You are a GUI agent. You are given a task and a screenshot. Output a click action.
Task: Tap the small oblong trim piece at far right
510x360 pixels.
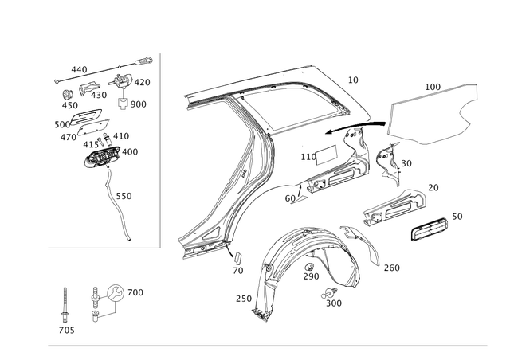(x=429, y=229)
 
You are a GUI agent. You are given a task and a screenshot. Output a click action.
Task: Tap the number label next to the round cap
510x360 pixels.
(x=137, y=293)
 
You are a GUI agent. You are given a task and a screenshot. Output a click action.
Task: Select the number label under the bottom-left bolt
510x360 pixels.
(x=64, y=327)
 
